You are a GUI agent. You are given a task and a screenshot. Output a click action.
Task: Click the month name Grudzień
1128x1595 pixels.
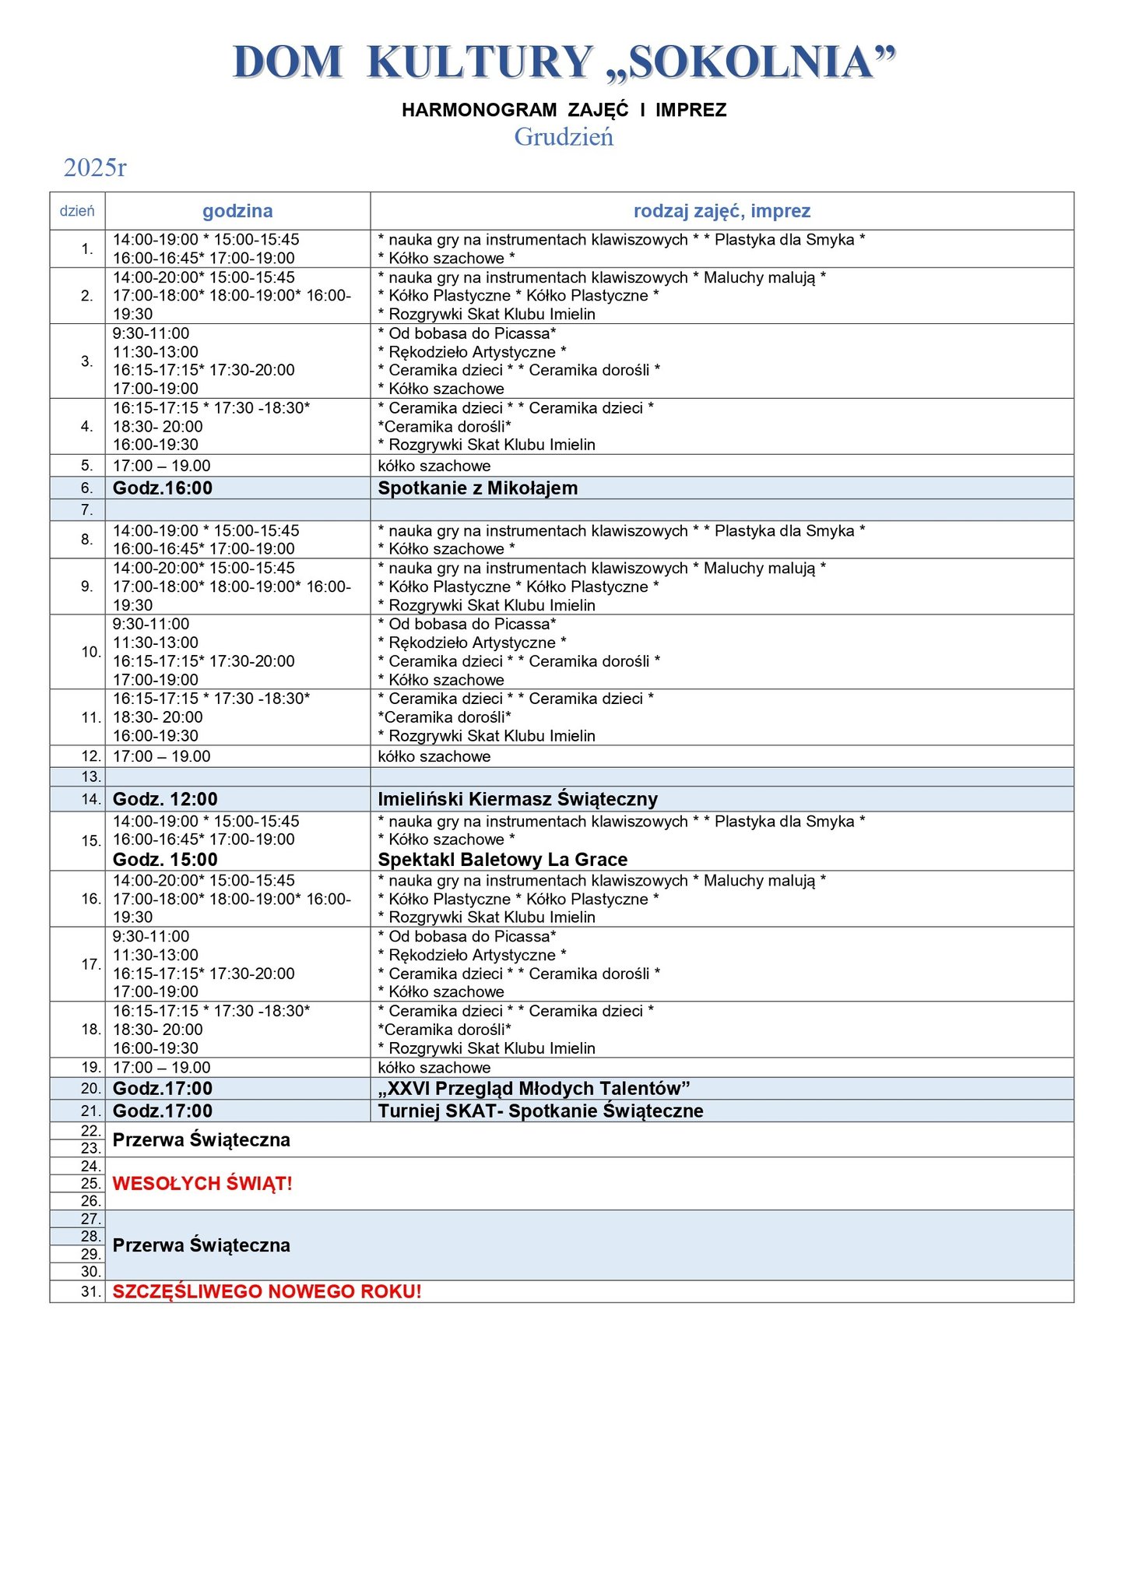coord(564,137)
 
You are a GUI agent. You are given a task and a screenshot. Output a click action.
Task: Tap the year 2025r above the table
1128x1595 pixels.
coord(95,167)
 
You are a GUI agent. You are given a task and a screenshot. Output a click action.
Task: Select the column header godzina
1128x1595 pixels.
coord(237,211)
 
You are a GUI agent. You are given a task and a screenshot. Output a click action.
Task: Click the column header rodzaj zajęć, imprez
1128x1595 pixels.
coord(722,211)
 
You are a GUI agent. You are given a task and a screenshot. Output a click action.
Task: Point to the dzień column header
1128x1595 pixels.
coord(77,211)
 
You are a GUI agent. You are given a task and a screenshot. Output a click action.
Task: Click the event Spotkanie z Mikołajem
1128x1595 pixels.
coord(477,488)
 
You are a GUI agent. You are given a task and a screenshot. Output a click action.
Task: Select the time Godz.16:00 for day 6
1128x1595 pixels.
coord(163,488)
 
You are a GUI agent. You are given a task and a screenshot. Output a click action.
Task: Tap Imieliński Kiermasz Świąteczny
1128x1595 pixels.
coord(518,799)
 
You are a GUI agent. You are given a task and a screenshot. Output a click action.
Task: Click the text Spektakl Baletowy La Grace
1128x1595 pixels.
coord(502,860)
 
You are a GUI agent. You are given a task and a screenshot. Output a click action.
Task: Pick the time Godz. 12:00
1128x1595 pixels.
coord(165,799)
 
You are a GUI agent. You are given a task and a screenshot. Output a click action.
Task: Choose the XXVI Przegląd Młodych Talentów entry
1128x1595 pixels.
coord(534,1089)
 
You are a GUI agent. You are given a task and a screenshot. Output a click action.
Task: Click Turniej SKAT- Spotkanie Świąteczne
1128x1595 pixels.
coord(540,1111)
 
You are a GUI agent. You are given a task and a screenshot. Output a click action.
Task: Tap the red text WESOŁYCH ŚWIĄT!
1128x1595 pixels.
coord(202,1184)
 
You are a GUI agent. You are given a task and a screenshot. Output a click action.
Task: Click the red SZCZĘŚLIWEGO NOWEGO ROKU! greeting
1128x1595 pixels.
coord(267,1291)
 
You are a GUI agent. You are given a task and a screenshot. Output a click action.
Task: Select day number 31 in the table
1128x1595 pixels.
coord(91,1291)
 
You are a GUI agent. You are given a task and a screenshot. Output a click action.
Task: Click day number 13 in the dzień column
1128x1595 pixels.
coord(91,777)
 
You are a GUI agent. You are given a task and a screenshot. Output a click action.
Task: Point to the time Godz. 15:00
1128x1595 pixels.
coord(165,860)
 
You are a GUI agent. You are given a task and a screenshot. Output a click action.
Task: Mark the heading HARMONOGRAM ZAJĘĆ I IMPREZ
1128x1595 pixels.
coord(564,111)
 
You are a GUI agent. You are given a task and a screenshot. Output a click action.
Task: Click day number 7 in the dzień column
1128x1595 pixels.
coord(87,510)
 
